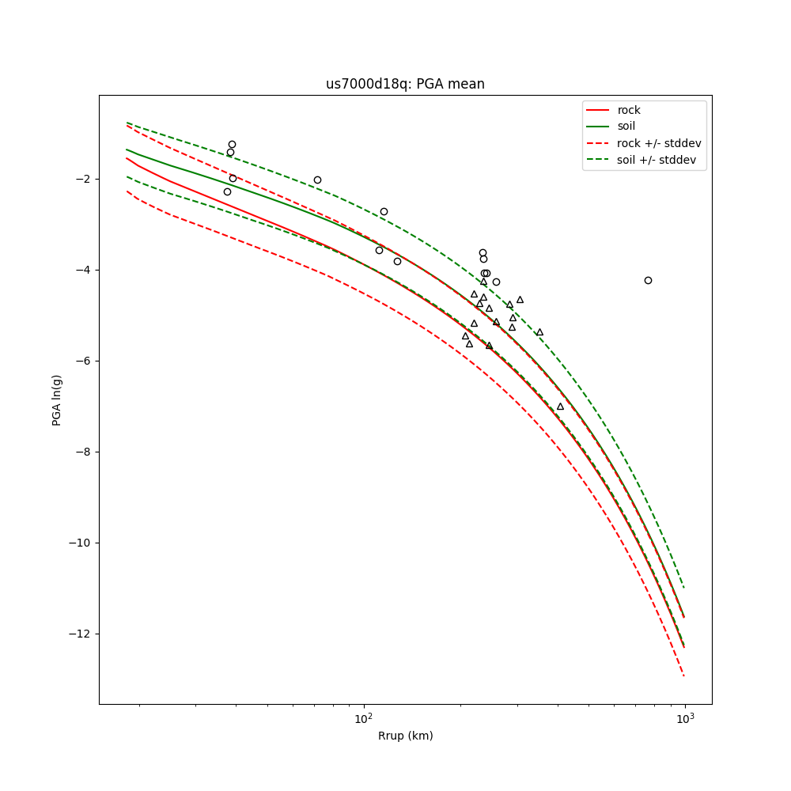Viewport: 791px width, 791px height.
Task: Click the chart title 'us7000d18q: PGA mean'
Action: [405, 84]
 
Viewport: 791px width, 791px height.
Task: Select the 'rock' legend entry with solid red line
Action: [629, 110]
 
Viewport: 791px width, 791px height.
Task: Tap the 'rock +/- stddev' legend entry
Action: [659, 143]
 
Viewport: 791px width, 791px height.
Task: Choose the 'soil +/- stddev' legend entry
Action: [658, 160]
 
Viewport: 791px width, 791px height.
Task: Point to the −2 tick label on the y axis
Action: [83, 179]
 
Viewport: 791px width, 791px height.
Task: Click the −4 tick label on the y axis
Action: [83, 270]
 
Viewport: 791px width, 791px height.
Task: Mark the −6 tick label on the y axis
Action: [83, 361]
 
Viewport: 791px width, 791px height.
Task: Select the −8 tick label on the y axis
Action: [83, 452]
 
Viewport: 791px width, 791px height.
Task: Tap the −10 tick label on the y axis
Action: [81, 543]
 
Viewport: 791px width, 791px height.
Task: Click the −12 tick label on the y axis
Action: [81, 634]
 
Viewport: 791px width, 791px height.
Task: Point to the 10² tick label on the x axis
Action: [363, 718]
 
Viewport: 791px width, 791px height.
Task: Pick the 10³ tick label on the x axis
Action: [685, 718]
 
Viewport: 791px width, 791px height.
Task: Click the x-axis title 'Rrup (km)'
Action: [405, 736]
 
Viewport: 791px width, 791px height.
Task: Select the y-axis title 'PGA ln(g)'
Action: [57, 399]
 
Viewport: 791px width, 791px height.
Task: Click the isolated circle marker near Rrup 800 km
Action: [648, 280]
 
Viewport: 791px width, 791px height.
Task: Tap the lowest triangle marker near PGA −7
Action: [560, 407]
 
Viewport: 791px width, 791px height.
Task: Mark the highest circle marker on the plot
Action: [232, 144]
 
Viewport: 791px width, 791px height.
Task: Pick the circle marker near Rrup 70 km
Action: [317, 180]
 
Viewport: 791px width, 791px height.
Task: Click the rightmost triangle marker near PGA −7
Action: [560, 407]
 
